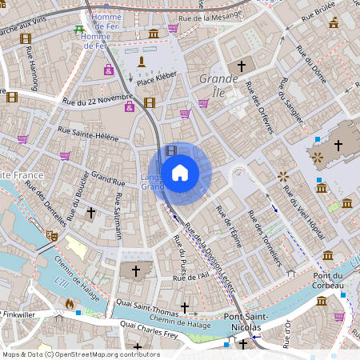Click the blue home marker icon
click(x=180, y=172)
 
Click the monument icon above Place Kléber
click(x=142, y=62)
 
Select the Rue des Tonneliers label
click(x=266, y=238)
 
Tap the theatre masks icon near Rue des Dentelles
click(x=52, y=235)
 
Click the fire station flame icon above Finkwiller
click(x=70, y=303)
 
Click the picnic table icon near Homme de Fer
click(x=78, y=30)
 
